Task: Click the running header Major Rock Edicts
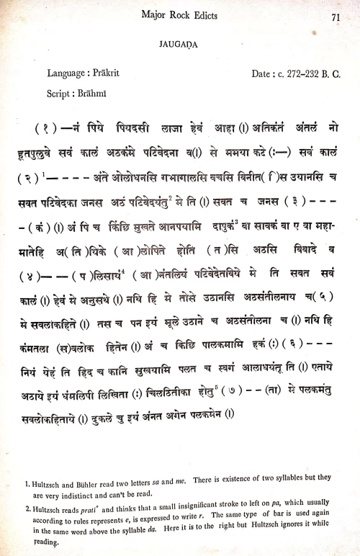point(181,16)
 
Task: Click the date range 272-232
point(297,73)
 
